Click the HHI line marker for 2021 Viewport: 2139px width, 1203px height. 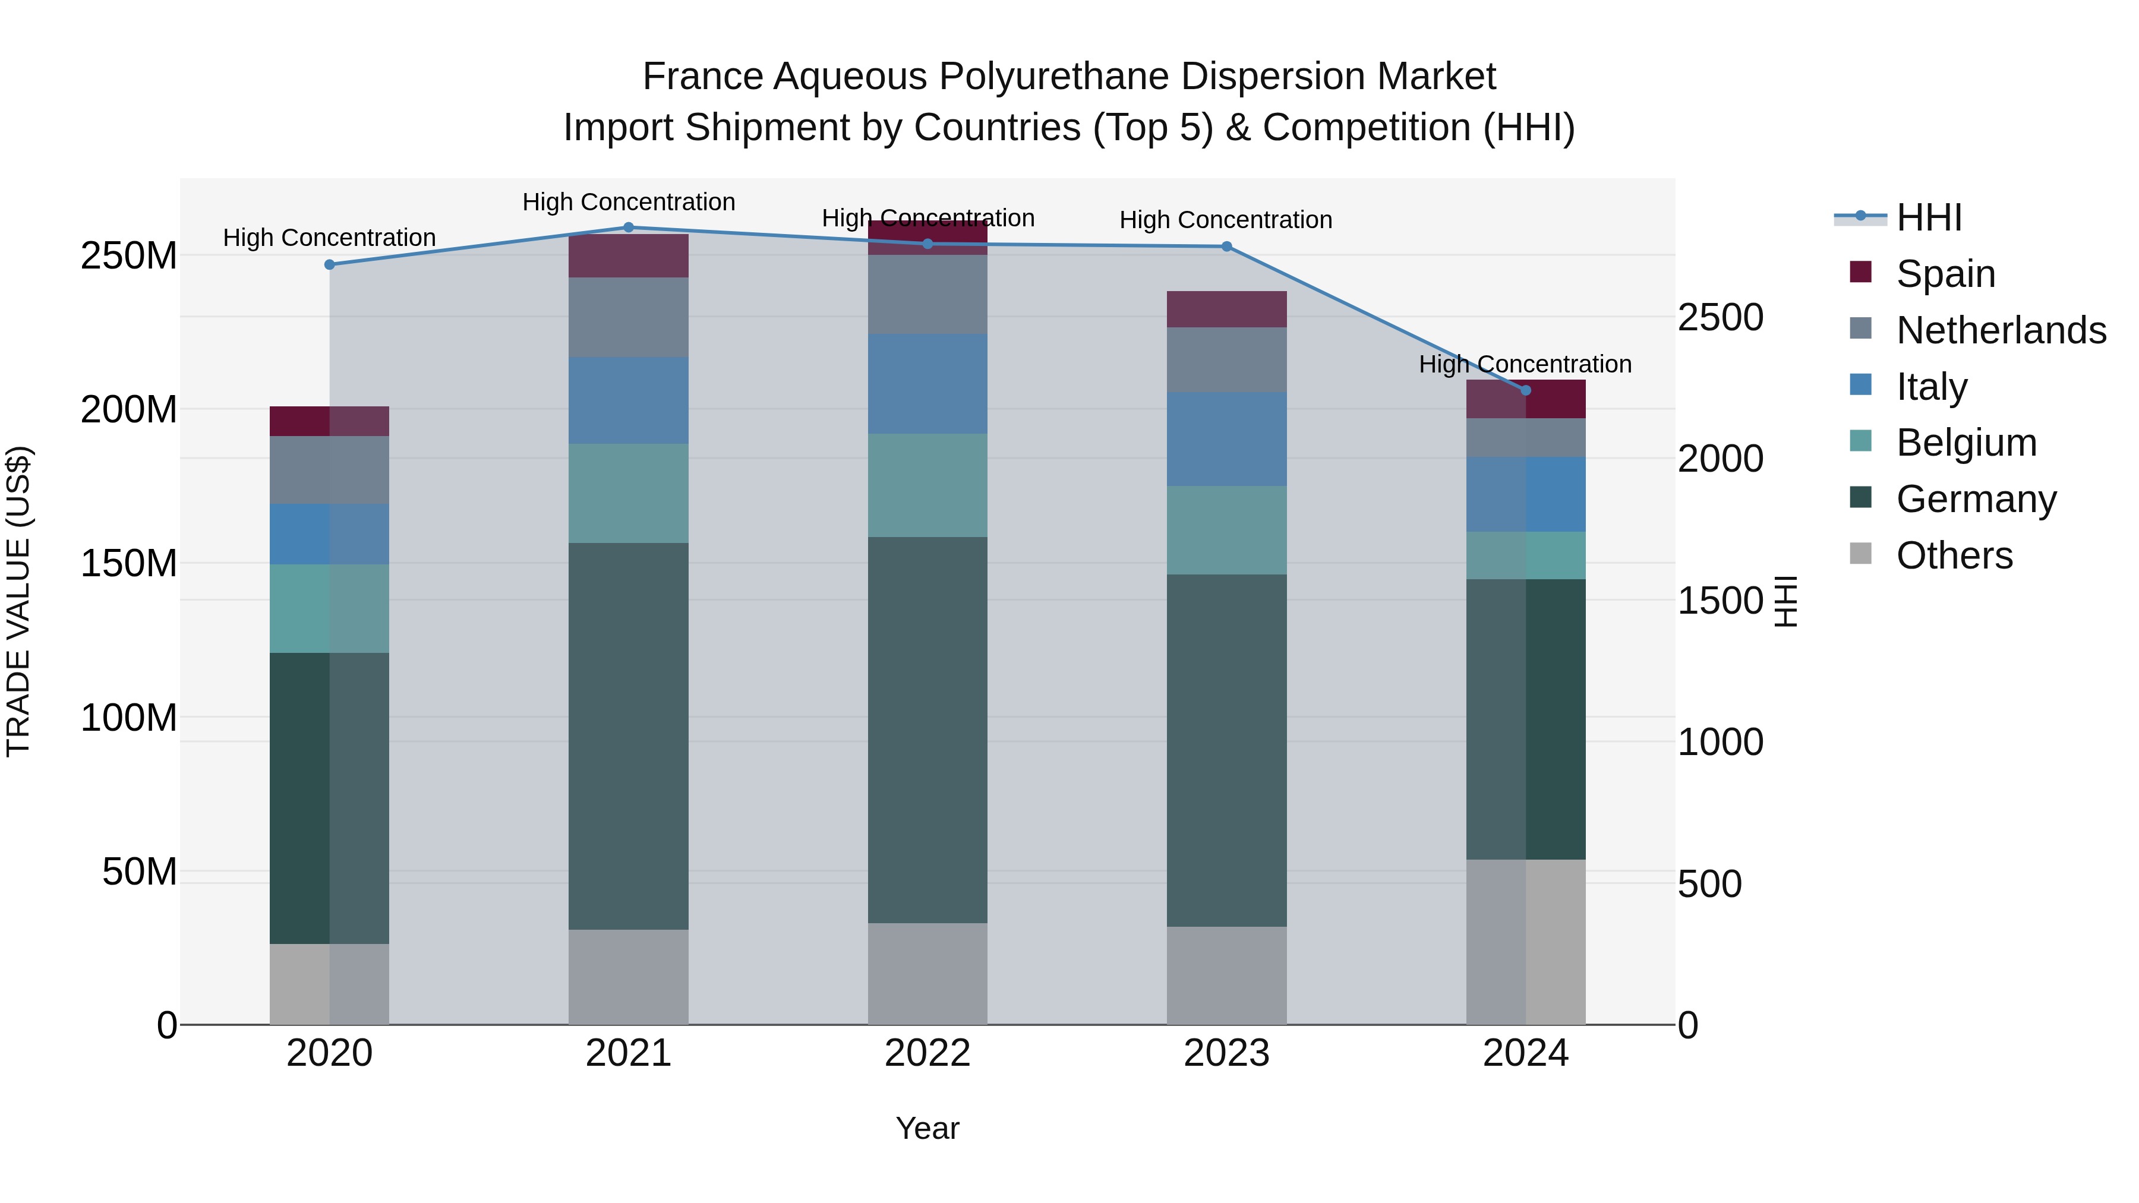(629, 228)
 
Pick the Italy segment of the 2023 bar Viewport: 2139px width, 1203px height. (1226, 439)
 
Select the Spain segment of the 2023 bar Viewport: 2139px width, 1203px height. (1226, 309)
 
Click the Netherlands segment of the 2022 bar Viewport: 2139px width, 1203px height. (927, 295)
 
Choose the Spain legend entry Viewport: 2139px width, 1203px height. (1945, 274)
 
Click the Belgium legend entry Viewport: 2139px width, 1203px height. (1966, 443)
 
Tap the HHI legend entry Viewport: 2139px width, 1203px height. (1929, 217)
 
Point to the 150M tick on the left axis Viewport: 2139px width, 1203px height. (129, 564)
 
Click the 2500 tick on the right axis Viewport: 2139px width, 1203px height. (1721, 318)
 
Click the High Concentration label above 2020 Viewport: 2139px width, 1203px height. (330, 238)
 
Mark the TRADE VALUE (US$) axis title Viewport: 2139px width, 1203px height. (18, 601)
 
